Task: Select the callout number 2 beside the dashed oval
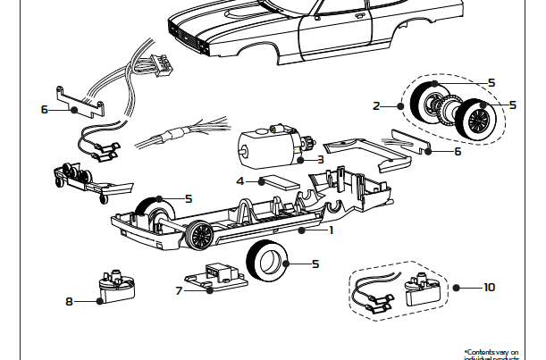(x=376, y=106)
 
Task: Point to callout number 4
(x=239, y=180)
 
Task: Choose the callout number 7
(x=179, y=289)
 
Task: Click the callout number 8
(x=69, y=301)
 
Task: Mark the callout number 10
(x=488, y=288)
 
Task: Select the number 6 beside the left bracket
(x=44, y=110)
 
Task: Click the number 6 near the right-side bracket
(x=457, y=152)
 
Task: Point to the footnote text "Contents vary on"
(x=491, y=352)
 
